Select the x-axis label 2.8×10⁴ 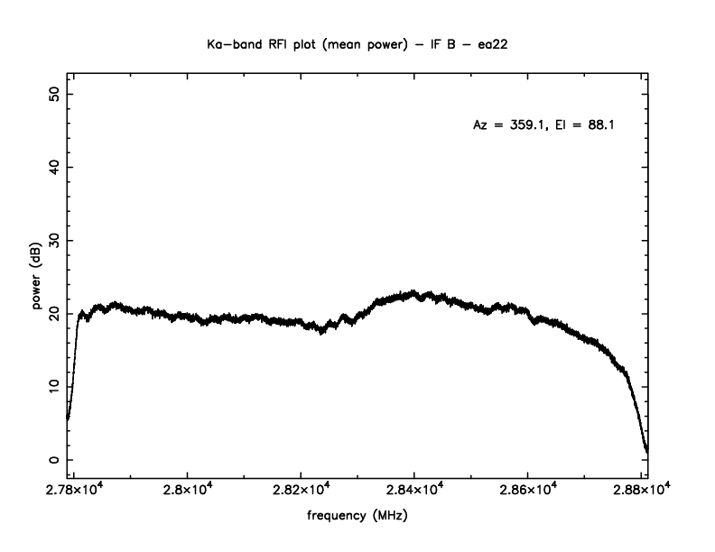click(187, 490)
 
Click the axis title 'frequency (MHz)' click(357, 518)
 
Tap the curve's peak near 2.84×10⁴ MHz click(413, 293)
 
